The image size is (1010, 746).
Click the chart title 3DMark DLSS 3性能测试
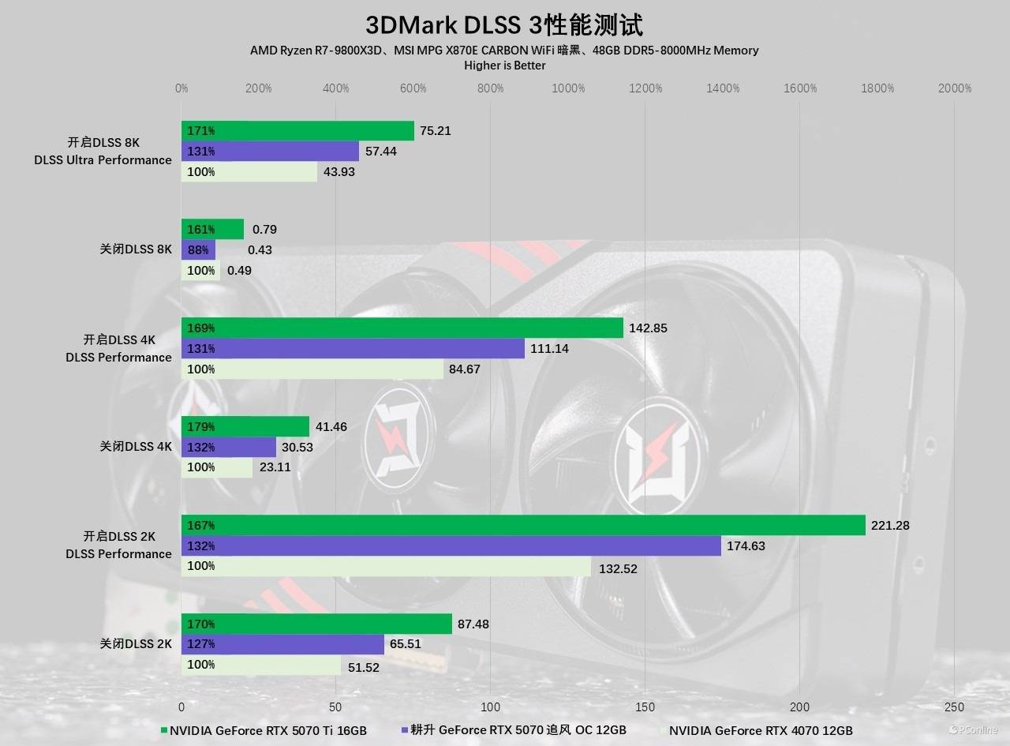pos(504,24)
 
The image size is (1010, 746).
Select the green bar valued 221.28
pos(523,525)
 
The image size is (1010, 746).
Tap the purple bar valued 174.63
pos(451,545)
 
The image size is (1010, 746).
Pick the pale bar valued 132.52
pos(386,566)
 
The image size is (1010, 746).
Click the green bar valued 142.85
pos(402,328)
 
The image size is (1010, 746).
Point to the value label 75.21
pos(436,131)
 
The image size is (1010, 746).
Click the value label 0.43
pos(260,250)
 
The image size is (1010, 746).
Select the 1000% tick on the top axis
pos(568,88)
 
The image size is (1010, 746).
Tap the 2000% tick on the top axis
pos(955,88)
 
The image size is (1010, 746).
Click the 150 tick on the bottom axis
pos(645,707)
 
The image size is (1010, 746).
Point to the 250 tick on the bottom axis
pos(955,707)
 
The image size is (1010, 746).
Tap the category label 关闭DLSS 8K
pos(136,249)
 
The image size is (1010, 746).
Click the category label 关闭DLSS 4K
pos(136,446)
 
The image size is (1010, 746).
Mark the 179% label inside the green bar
pos(201,427)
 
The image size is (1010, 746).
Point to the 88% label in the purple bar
pos(198,250)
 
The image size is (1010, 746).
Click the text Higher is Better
pos(504,66)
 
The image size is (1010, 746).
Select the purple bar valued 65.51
pos(282,643)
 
